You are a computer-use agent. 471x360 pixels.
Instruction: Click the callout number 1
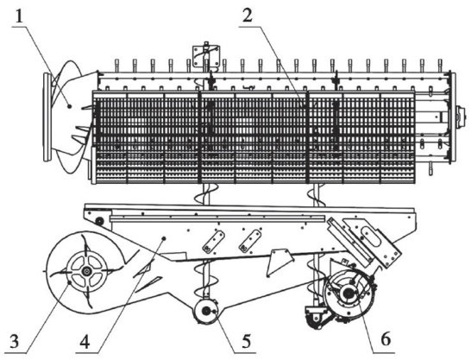pos(19,17)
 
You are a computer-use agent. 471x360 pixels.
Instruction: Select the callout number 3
pos(14,341)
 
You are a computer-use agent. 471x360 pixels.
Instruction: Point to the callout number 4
pos(85,342)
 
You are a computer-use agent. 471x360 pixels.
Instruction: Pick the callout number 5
pos(247,341)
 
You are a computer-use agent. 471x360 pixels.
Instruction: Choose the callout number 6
pos(386,339)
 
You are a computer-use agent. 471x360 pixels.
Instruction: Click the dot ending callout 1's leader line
pos(69,106)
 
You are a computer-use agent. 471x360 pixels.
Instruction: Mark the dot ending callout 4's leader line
pos(164,238)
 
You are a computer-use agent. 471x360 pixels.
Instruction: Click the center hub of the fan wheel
pos(86,271)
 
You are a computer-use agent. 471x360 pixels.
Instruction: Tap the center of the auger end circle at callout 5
pos(206,312)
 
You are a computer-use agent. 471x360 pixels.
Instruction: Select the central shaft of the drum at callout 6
pos(349,293)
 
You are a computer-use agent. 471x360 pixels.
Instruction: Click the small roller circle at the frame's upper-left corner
pos(98,222)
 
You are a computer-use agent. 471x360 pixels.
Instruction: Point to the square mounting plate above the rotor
pos(206,55)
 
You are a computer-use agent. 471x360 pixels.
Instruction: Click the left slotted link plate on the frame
pos(214,242)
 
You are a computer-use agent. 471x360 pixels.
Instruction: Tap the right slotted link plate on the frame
pos(250,242)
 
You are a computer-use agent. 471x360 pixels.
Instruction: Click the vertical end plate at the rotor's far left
pos(47,117)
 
